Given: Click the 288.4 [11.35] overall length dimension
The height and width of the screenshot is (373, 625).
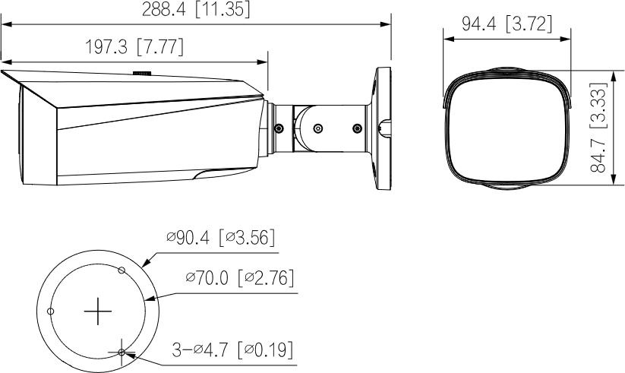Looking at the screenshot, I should click(196, 9).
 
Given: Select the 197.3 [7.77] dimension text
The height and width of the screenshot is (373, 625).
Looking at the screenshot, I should click(134, 47).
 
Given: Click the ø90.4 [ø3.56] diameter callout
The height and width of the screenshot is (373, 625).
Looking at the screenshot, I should click(220, 239).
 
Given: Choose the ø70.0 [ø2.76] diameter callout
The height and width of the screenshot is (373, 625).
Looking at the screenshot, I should click(239, 279).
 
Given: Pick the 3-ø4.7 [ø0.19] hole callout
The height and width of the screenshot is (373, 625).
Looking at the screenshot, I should click(232, 349).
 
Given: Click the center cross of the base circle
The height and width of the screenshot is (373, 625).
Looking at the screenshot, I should click(97, 312).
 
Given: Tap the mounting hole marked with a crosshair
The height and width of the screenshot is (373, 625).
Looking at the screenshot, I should click(122, 352).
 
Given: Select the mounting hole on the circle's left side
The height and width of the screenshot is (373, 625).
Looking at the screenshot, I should click(50, 311).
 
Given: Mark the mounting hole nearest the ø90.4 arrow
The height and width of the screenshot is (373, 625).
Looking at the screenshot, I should click(121, 270).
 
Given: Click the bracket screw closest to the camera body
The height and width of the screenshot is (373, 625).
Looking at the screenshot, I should click(278, 128).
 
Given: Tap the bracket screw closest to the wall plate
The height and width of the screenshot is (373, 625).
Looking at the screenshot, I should click(356, 128).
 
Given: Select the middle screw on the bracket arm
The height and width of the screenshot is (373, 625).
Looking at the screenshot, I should click(317, 128).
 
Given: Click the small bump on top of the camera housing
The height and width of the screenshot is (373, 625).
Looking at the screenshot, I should click(142, 74).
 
